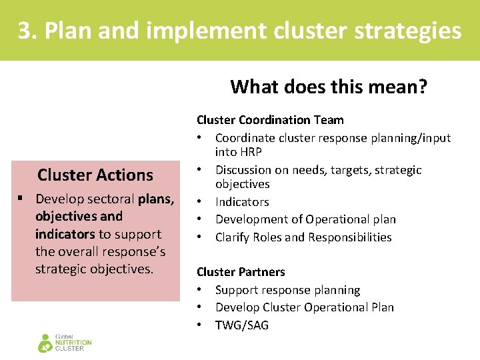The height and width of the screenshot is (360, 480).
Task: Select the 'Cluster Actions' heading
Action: pos(95,175)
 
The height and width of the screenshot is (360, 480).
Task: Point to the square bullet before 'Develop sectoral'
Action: pos(22,199)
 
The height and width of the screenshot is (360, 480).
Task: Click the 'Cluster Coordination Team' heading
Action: pos(270,120)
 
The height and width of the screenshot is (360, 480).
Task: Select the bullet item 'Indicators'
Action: pos(242,201)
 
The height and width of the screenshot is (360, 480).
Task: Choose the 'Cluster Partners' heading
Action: pos(241,272)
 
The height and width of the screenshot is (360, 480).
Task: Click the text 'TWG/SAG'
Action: pos(242,325)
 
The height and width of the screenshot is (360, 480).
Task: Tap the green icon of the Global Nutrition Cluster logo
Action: pos(45,343)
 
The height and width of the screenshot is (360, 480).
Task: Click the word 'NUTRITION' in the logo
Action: pos(73,343)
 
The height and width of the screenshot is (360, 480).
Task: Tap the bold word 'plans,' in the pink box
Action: pos(157,199)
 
